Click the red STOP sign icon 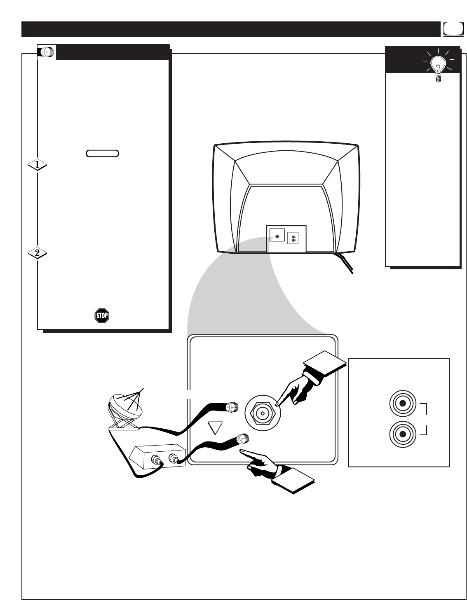pyautogui.click(x=101, y=316)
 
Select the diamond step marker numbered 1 pyautogui.click(x=37, y=165)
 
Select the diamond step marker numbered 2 pyautogui.click(x=37, y=253)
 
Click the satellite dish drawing pyautogui.click(x=125, y=409)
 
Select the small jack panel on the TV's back pyautogui.click(x=286, y=238)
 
